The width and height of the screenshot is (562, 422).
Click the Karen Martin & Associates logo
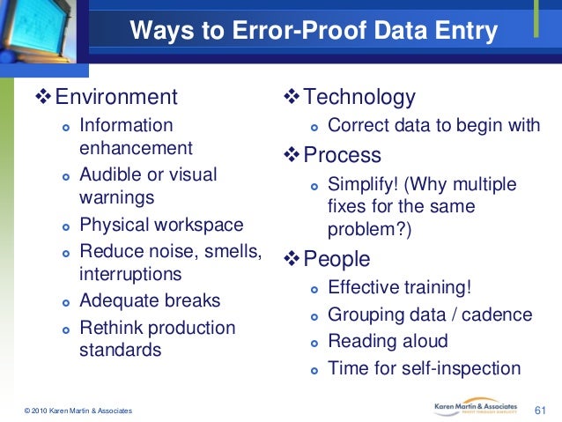coord(480,407)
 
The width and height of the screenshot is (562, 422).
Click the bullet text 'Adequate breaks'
coord(150,300)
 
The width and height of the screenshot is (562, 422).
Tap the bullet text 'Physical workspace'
coord(161,225)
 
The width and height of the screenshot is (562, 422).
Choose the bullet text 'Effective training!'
coord(399,287)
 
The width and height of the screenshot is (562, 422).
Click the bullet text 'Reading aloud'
coord(388,341)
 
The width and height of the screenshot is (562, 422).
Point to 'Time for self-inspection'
coord(424,368)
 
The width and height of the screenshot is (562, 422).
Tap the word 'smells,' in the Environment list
coord(231,252)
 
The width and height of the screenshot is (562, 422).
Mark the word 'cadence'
coord(500,315)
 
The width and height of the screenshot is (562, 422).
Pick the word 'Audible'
coord(112,175)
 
